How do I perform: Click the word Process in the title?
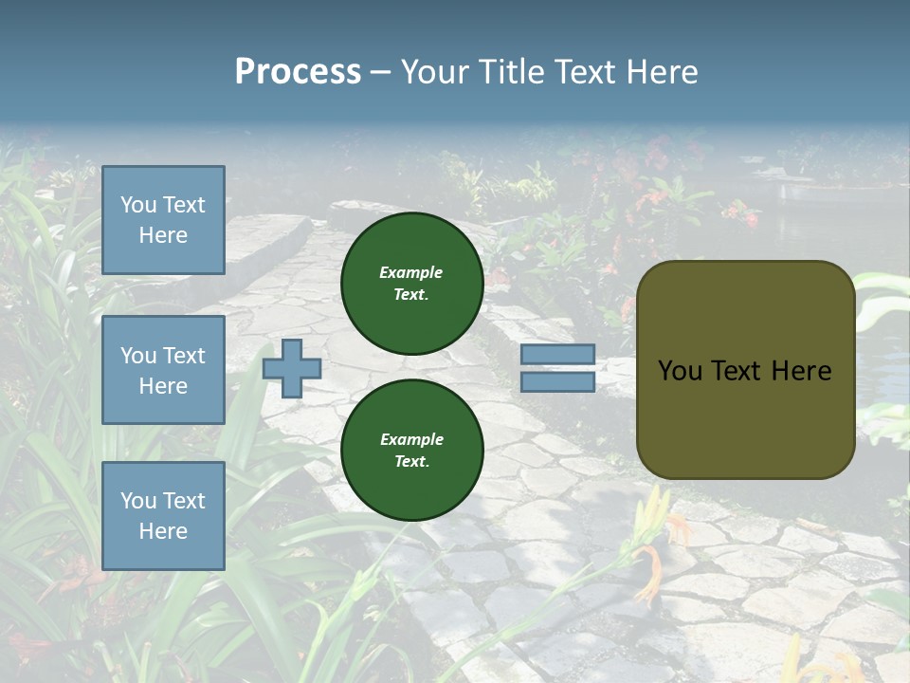298,72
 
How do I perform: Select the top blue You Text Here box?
163,220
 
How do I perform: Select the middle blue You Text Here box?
163,370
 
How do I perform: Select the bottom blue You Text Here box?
163,515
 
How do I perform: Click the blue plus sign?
292,368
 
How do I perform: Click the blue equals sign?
557,368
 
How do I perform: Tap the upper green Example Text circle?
412,284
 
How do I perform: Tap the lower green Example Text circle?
412,450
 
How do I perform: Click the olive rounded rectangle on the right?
745,370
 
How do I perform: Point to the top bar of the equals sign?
557,355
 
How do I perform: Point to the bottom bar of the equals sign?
557,381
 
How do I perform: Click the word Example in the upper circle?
411,272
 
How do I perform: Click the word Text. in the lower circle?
411,461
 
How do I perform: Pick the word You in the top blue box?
138,205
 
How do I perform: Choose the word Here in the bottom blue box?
163,531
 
